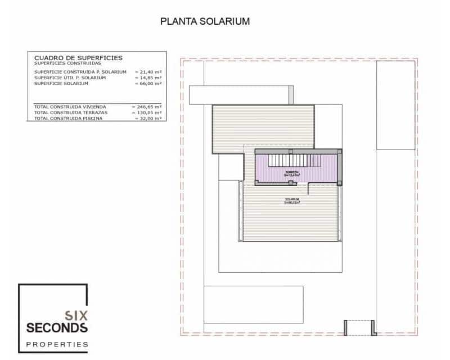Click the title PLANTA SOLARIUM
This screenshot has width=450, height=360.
(205, 21)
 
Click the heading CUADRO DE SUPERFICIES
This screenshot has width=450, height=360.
(78, 58)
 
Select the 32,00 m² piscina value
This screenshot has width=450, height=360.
(148, 118)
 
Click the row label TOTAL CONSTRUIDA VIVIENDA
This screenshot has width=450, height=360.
(70, 106)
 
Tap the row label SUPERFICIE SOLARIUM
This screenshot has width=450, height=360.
(61, 83)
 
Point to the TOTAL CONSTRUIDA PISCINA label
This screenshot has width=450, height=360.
(68, 118)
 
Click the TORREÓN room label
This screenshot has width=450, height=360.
(291, 172)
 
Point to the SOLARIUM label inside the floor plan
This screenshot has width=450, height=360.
(291, 200)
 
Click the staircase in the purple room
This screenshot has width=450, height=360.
(294, 161)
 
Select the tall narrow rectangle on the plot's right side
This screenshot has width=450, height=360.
(395, 105)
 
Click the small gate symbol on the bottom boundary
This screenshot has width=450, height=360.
(359, 327)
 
